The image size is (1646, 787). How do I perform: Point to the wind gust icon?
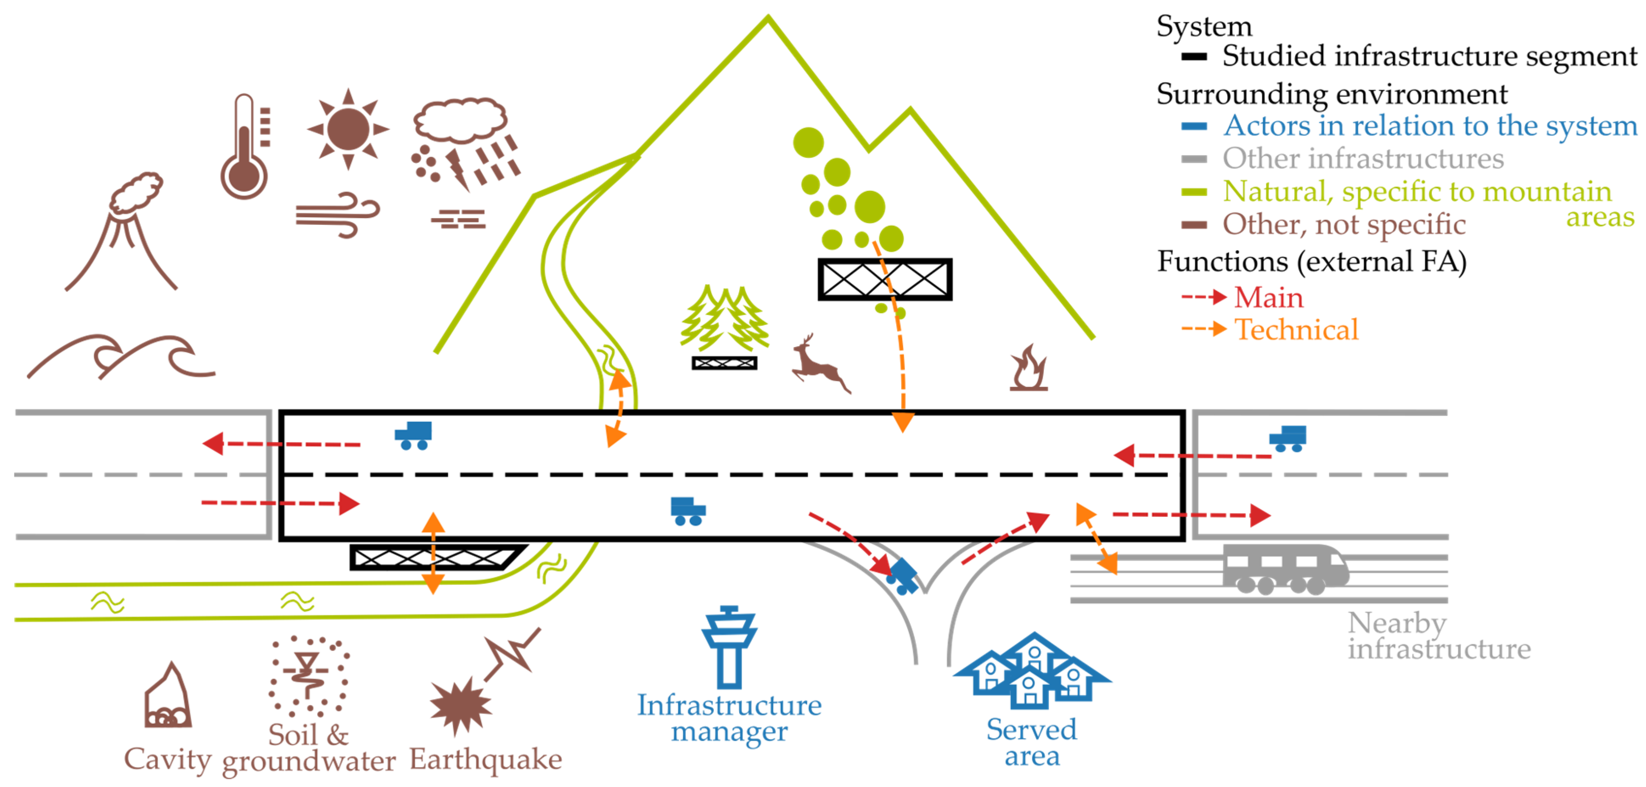tap(337, 215)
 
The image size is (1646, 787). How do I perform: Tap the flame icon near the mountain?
tap(1028, 369)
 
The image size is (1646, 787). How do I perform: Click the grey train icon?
tap(1284, 569)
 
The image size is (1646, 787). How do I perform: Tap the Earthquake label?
tap(485, 759)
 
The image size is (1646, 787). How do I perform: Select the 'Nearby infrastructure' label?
tap(1438, 636)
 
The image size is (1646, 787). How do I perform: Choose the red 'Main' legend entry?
tap(1268, 298)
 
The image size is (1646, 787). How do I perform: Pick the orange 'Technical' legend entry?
tap(1296, 330)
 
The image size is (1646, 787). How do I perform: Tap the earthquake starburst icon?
tap(460, 706)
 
